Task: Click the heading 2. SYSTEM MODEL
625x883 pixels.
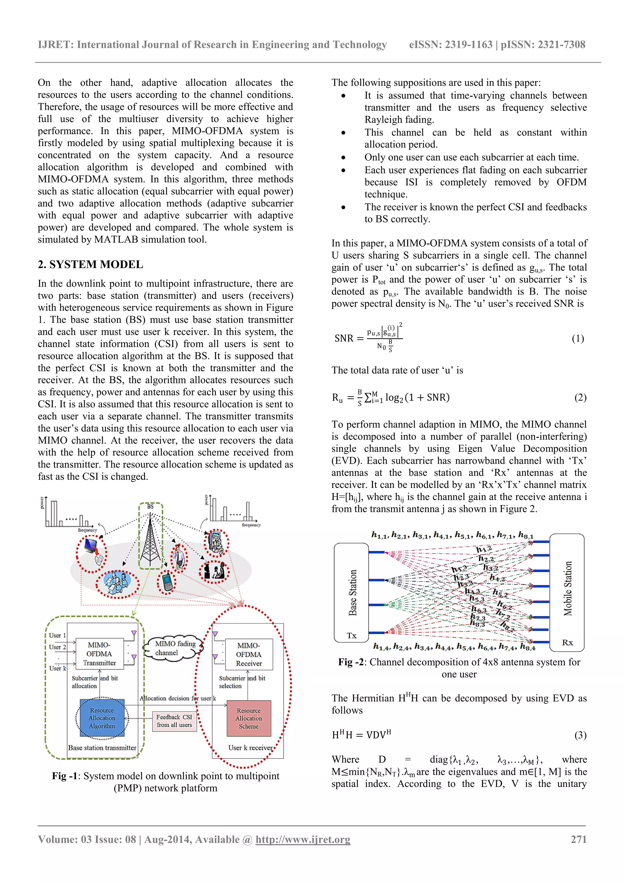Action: point(90,264)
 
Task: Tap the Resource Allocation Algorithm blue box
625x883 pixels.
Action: point(102,718)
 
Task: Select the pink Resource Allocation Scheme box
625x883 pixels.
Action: point(249,718)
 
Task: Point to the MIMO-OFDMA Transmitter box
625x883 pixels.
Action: point(99,654)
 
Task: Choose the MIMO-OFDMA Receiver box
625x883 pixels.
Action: point(249,654)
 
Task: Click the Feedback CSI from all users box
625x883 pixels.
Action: point(174,721)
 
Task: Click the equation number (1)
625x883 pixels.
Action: point(577,339)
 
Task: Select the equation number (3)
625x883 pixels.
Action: point(580,735)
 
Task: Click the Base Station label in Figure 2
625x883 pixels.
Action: point(352,593)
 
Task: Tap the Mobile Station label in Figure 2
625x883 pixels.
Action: point(568,588)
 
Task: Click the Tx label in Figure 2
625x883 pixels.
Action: point(351,636)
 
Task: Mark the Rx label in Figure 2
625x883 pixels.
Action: point(567,642)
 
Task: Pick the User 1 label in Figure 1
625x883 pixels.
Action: point(57,635)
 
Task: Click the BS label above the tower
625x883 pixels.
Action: point(150,507)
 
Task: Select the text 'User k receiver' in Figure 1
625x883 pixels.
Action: point(250,748)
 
